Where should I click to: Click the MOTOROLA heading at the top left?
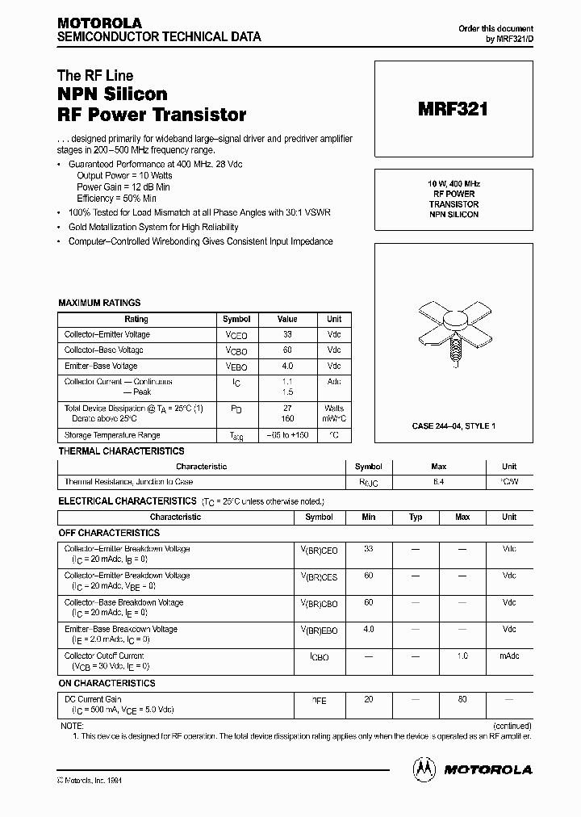click(x=98, y=23)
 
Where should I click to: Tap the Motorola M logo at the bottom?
click(x=424, y=769)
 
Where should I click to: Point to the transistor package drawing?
click(x=453, y=332)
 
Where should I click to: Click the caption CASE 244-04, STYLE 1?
click(x=454, y=425)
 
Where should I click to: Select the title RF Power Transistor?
click(x=152, y=115)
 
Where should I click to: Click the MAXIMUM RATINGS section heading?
click(x=99, y=303)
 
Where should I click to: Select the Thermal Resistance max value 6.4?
click(x=439, y=482)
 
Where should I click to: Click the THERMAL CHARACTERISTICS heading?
click(x=121, y=451)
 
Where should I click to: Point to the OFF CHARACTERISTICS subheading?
click(x=110, y=533)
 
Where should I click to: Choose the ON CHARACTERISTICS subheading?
click(x=107, y=683)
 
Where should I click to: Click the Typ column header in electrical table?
click(x=416, y=517)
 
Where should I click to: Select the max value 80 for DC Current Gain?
click(x=462, y=699)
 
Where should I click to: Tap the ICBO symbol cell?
click(x=319, y=657)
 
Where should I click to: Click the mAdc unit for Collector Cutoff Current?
click(x=509, y=656)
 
